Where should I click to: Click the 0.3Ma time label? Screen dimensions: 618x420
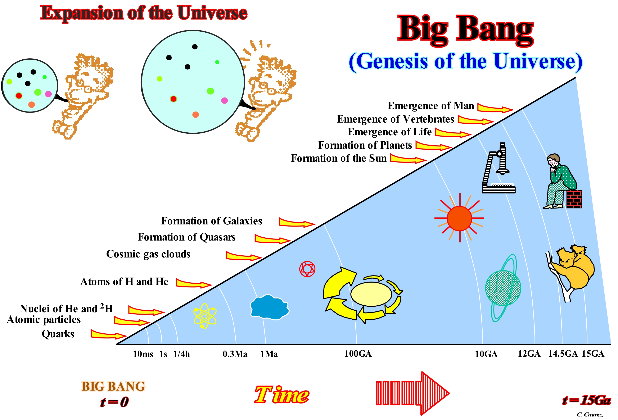point(235,354)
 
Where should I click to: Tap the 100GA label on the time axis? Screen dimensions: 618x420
point(358,354)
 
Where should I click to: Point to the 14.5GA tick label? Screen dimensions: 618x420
point(563,354)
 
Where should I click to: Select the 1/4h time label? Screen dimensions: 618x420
point(182,354)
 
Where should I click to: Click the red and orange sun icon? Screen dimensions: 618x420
point(459,218)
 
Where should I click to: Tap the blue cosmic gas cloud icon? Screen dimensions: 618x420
point(269,307)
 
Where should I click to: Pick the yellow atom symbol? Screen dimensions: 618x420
point(205,316)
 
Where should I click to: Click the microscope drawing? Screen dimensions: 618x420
point(499,168)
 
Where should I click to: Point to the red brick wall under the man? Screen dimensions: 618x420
point(574,199)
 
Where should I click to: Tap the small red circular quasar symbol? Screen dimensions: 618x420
point(307,269)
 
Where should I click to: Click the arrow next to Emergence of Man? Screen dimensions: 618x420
point(495,108)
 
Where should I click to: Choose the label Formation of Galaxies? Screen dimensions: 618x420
point(211,221)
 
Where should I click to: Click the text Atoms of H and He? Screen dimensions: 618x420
point(124,282)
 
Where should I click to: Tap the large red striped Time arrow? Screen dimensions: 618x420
point(412,393)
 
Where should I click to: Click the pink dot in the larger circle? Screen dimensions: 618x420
point(224,100)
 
